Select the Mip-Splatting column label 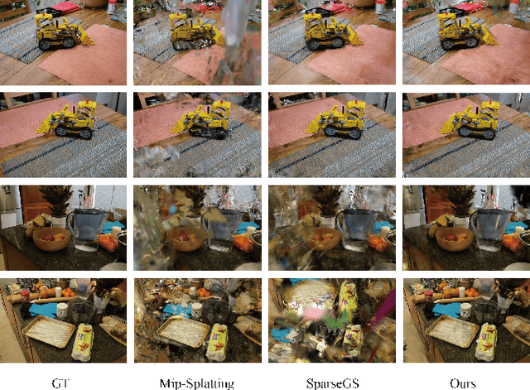click(195, 382)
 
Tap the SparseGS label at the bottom click(330, 382)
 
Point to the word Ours click(464, 382)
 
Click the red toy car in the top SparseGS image click(330, 7)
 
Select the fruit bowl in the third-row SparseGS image click(320, 241)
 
